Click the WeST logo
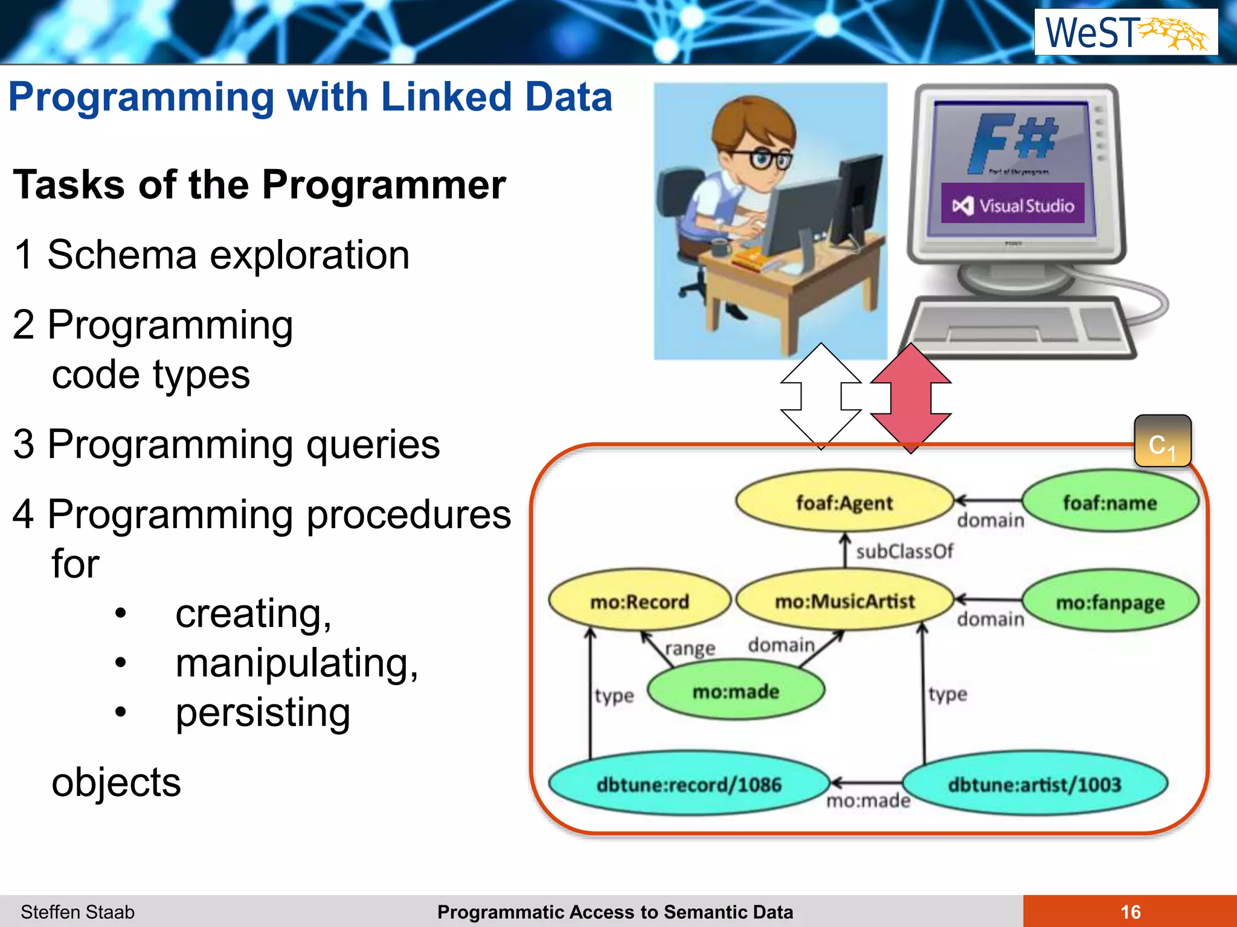[1126, 32]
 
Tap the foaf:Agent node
[844, 502]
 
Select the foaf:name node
[1110, 502]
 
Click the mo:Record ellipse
[639, 601]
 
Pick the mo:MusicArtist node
[844, 601]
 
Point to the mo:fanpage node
[1110, 602]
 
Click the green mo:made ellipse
[736, 690]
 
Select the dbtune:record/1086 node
[689, 784]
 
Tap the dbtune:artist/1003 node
[1034, 784]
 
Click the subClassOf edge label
[904, 551]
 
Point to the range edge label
[690, 648]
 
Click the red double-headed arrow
[910, 398]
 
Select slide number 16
[1130, 911]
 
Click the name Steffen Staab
[77, 911]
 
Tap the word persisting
[262, 713]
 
